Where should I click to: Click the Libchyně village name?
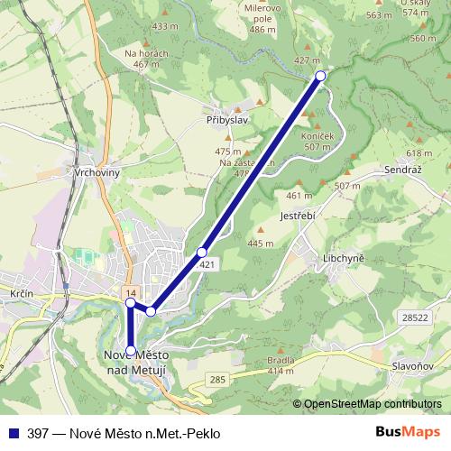click(x=343, y=259)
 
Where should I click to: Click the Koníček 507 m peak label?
click(x=319, y=141)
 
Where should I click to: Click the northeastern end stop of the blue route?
click(x=320, y=76)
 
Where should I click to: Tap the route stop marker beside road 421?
click(x=202, y=252)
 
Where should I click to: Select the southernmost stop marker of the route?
click(x=131, y=351)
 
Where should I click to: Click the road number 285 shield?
click(x=218, y=382)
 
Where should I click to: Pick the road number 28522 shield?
click(x=415, y=318)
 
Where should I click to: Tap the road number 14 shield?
click(x=131, y=293)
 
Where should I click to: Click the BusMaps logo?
click(x=408, y=432)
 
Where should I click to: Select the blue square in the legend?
click(x=14, y=433)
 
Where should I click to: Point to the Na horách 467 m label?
click(x=147, y=60)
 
